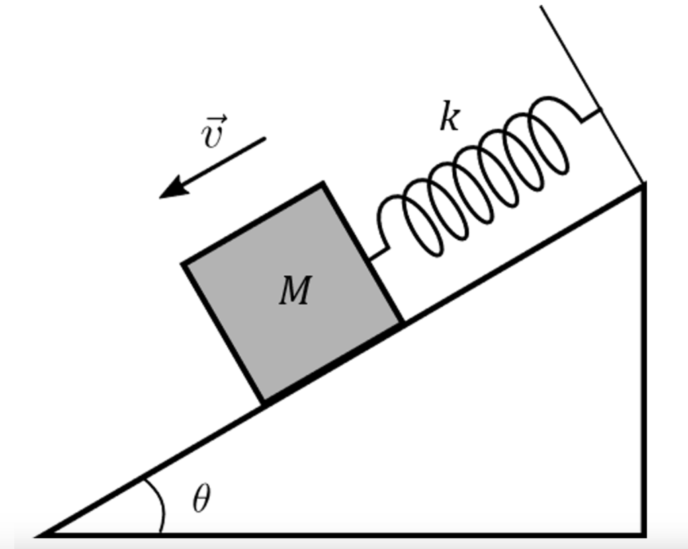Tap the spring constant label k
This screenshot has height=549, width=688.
coord(449,117)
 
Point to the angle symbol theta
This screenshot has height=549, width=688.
coord(200,500)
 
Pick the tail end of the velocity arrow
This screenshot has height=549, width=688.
coord(264,139)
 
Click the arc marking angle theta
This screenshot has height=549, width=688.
coord(160,505)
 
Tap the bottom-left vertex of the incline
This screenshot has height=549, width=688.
coord(42,535)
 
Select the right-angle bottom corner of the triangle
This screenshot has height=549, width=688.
coord(644,535)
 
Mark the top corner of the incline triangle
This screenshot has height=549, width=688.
coord(644,184)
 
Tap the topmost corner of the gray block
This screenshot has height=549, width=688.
coord(324,184)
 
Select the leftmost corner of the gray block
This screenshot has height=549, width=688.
coord(183,264)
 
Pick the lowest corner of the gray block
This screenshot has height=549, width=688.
coord(263,402)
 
